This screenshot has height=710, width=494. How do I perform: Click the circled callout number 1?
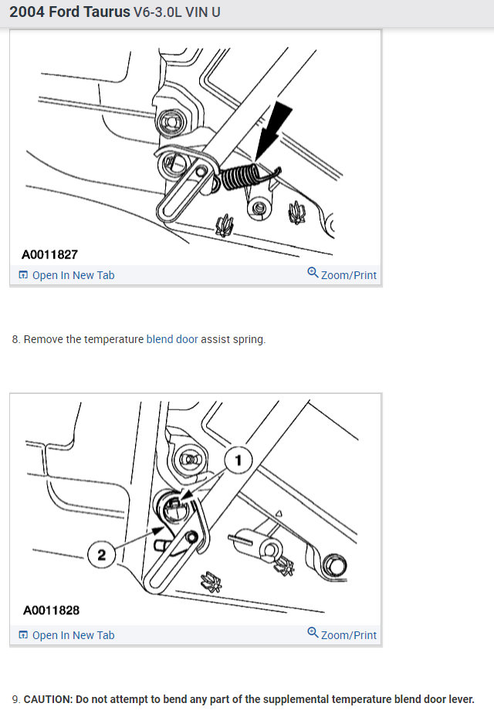click(239, 460)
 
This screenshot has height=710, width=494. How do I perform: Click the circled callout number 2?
click(102, 555)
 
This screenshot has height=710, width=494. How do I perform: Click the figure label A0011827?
click(50, 254)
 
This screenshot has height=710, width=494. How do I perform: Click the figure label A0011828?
click(51, 611)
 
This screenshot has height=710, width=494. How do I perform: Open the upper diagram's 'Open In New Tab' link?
click(66, 275)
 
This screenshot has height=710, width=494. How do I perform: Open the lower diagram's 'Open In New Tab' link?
click(66, 635)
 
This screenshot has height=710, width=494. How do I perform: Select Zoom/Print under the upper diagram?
click(342, 274)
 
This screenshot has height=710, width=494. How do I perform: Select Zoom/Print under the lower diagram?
click(342, 634)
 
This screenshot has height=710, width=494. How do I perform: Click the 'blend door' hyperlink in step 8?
click(172, 339)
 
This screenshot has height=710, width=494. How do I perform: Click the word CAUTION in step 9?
click(48, 699)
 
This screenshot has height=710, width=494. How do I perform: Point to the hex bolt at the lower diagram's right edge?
click(335, 566)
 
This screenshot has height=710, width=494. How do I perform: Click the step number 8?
click(16, 339)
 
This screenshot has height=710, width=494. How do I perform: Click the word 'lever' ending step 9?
click(462, 699)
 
